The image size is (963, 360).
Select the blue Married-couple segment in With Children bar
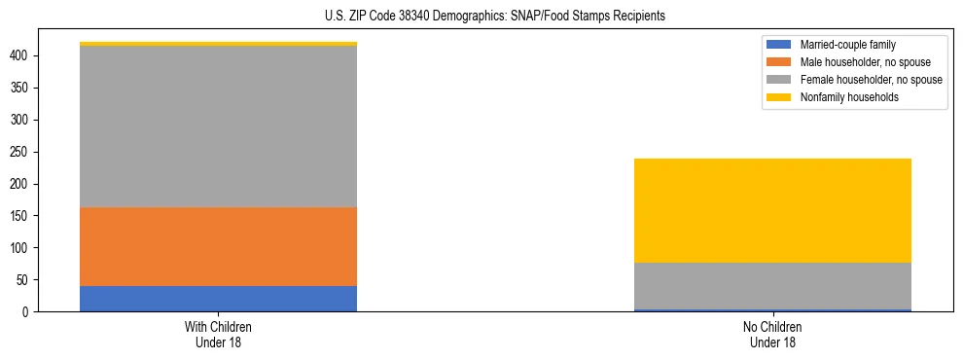218,299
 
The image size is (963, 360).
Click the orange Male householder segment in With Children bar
218,246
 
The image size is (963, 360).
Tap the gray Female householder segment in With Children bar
218,126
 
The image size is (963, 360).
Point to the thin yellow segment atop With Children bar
218,44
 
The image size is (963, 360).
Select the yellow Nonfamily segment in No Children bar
772,210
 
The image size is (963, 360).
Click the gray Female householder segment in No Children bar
772,286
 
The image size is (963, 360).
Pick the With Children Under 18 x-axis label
218,334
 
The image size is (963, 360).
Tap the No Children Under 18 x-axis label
772,334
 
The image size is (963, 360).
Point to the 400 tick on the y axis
22,55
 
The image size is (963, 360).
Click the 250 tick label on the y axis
22,152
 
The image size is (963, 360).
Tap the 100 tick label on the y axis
22,248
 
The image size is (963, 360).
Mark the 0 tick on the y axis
28,312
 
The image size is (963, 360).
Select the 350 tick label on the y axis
22,88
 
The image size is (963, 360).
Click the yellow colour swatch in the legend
780,97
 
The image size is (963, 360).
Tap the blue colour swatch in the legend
780,45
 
